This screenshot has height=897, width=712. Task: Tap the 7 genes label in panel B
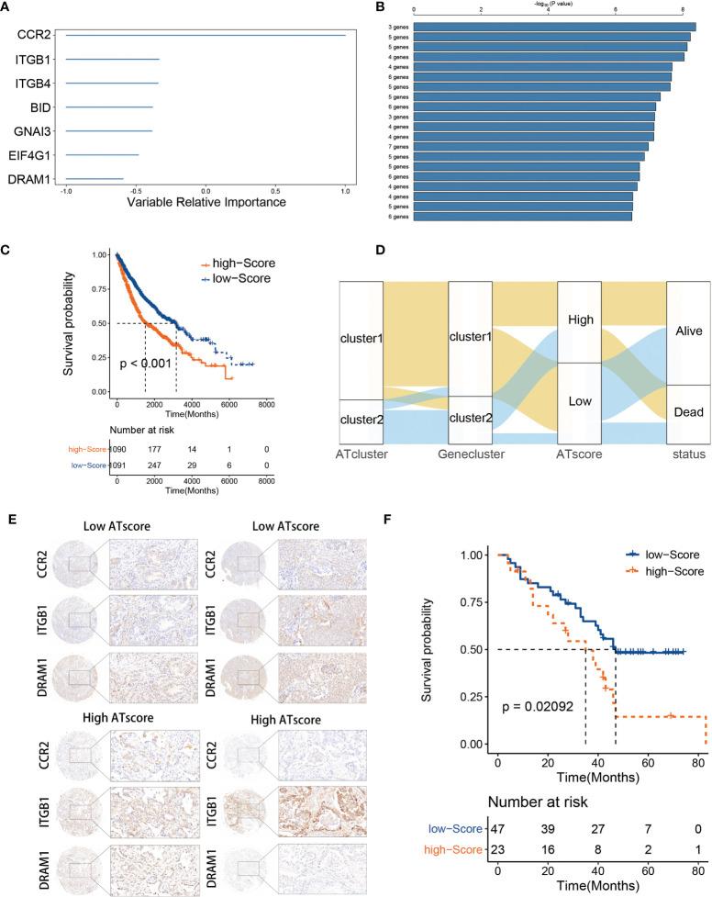397,146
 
